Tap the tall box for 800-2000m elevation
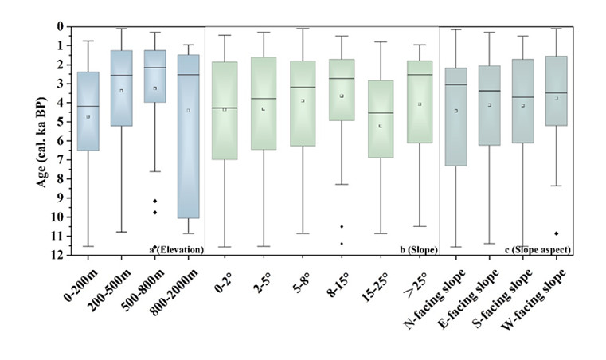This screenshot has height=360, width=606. [188, 136]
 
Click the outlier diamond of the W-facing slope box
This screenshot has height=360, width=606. [557, 233]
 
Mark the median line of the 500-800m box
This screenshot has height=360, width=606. [154, 68]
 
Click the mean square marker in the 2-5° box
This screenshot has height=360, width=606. [263, 108]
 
